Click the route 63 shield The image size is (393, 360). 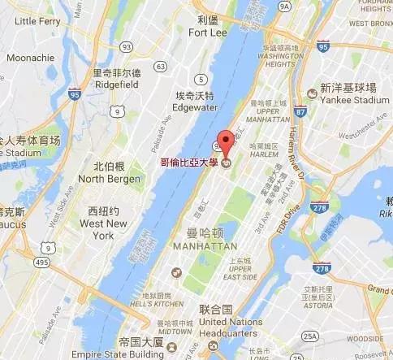pos(162,66)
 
